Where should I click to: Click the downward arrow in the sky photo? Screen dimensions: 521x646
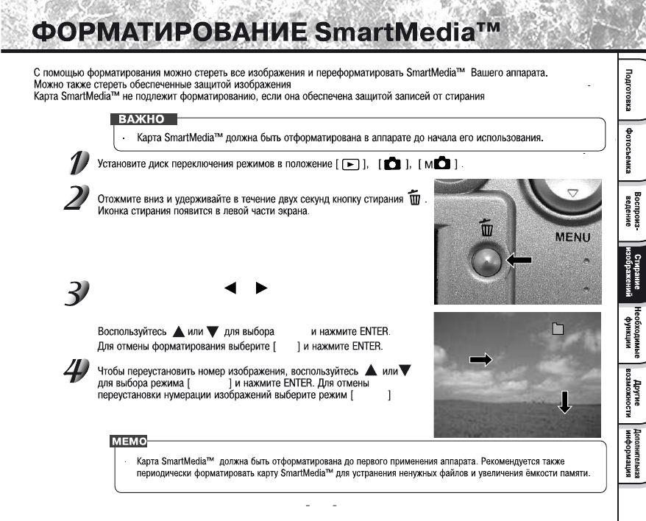coord(564,402)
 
